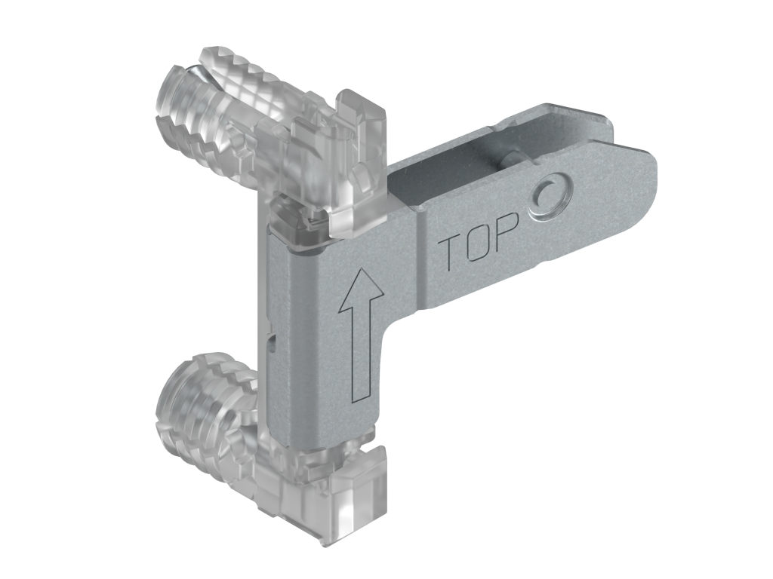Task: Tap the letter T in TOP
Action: pyautogui.click(x=451, y=252)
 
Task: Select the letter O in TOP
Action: pyautogui.click(x=478, y=241)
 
